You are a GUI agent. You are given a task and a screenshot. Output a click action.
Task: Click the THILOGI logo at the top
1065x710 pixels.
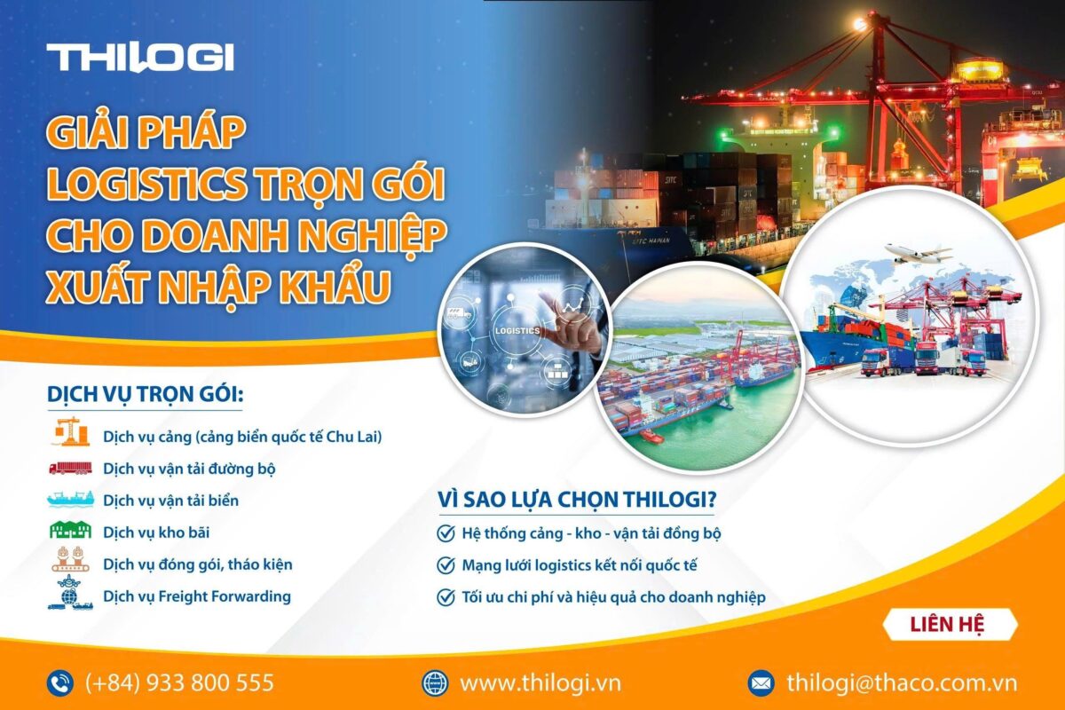coord(140,58)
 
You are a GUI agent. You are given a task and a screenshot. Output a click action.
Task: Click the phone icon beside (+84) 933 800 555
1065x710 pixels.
coord(60,682)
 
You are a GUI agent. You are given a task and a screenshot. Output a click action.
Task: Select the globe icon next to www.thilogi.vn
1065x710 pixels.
coord(435,682)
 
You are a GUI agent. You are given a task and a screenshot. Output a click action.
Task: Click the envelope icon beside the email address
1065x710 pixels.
coord(761,682)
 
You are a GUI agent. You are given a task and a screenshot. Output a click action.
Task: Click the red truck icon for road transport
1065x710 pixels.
coord(69,468)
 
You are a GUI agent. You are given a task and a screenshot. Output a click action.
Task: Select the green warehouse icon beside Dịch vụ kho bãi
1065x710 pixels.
coord(69,531)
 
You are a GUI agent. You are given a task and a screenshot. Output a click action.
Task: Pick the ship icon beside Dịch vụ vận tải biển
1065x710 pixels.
coord(69,500)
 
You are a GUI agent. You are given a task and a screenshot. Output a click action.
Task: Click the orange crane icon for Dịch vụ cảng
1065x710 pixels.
coord(69,434)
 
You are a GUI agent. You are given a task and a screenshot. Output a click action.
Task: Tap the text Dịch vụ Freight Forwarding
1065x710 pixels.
coord(197,596)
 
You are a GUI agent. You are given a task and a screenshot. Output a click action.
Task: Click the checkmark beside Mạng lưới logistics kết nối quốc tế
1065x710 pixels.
coord(446,564)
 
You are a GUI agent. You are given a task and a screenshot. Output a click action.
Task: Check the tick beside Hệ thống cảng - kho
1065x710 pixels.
coord(446,533)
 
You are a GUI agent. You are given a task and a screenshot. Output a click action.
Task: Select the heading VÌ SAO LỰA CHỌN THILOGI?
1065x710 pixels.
coord(577,500)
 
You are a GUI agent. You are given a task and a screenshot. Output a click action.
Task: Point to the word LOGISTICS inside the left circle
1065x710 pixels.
coord(516,330)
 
